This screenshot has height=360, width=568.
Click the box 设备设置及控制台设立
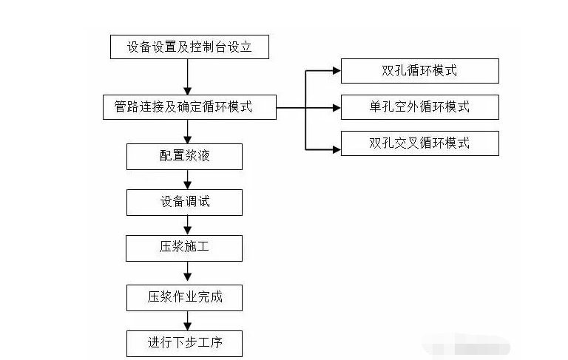pyautogui.click(x=189, y=47)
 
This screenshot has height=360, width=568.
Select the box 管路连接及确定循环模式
pyautogui.click(x=189, y=107)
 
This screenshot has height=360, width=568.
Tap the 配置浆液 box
pyautogui.click(x=184, y=156)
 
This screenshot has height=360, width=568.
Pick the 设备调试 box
pyautogui.click(x=184, y=202)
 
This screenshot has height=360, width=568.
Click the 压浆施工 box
pyautogui.click(x=184, y=248)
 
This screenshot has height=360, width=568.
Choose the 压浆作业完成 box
pyautogui.click(x=184, y=297)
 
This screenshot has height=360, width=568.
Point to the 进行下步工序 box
pyautogui.click(x=184, y=344)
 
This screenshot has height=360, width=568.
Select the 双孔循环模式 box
pyautogui.click(x=419, y=71)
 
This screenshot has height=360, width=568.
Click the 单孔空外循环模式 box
pyautogui.click(x=419, y=107)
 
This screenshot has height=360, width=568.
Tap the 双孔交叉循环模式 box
pyautogui.click(x=419, y=143)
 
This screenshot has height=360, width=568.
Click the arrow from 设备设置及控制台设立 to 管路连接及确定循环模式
pyautogui.click(x=189, y=77)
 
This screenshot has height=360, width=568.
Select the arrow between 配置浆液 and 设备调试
pyautogui.click(x=189, y=179)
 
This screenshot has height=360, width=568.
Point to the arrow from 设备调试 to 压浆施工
pyautogui.click(x=189, y=225)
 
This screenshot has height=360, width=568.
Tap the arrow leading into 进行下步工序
pyautogui.click(x=189, y=320)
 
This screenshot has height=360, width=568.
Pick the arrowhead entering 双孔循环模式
pyautogui.click(x=336, y=71)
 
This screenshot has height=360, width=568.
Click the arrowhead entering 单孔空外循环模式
pyautogui.click(x=336, y=107)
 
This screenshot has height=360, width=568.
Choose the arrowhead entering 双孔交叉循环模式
pyautogui.click(x=336, y=143)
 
